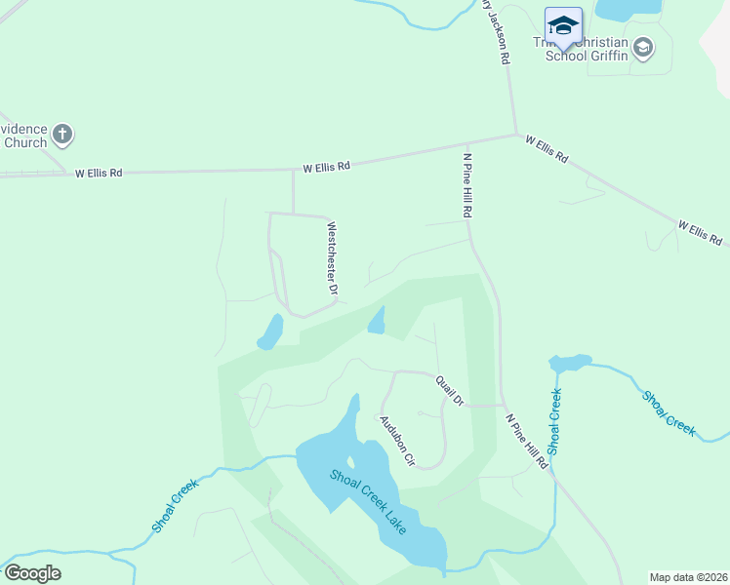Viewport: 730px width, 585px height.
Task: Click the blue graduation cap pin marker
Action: point(563,26)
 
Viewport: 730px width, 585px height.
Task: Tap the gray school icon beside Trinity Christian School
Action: point(643,47)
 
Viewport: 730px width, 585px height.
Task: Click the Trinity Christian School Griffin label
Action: point(586,49)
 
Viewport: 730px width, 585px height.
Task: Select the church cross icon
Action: point(61,135)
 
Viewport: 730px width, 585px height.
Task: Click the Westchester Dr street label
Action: point(332,257)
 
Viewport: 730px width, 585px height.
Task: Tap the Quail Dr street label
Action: point(450,390)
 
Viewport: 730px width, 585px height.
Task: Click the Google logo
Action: point(32,573)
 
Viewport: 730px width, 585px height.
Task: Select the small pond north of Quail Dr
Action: point(377,321)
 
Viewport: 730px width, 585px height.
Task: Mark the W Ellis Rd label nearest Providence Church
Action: point(101,173)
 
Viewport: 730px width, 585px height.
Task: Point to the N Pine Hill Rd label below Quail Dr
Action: point(526,442)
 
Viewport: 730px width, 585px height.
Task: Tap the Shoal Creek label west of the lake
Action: point(176,505)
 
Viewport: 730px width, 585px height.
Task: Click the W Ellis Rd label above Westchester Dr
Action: point(326,168)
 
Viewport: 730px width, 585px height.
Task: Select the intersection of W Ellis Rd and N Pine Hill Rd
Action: point(515,136)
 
